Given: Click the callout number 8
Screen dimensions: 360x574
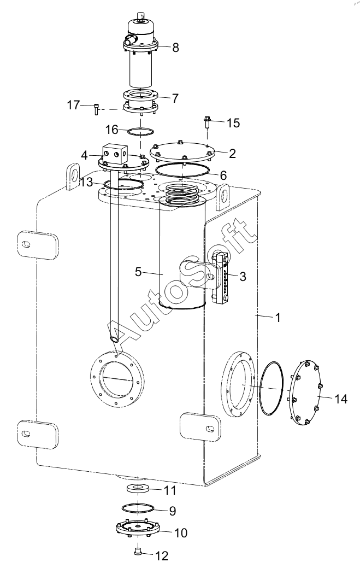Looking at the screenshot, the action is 175,47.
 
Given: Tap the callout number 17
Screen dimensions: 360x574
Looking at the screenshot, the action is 73,105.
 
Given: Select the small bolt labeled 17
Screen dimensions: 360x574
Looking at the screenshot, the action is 96,109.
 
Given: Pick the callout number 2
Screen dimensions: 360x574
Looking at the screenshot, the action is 232,154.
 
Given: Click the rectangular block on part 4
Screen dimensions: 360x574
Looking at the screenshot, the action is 115,153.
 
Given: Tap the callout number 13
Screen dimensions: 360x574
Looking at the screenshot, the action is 87,181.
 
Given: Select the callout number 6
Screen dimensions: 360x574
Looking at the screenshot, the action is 223,175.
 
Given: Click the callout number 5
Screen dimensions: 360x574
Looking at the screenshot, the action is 138,272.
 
